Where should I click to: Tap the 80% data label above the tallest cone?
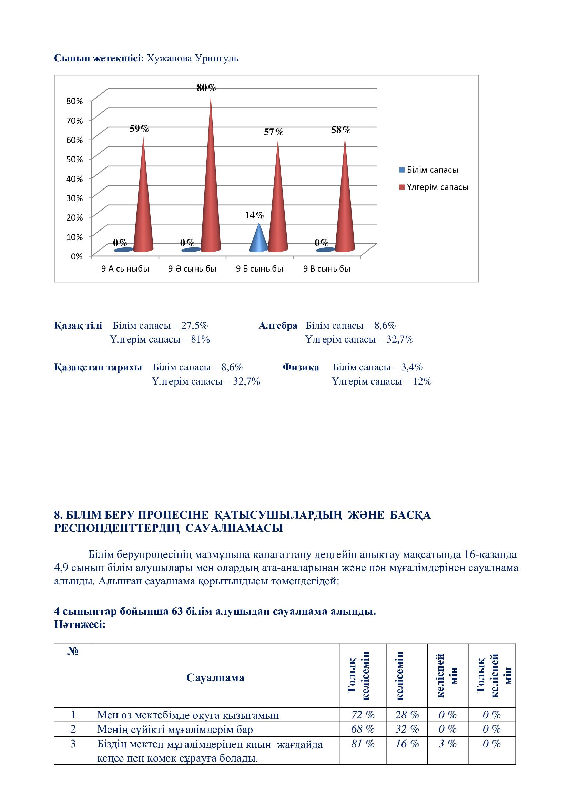click(x=206, y=88)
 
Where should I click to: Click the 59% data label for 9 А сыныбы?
click(x=139, y=129)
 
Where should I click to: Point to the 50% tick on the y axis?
click(x=74, y=159)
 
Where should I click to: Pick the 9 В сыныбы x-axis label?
click(x=327, y=269)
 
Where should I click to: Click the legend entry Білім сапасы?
click(x=432, y=170)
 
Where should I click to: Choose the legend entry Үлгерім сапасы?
click(x=437, y=187)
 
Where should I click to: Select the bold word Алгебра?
click(x=278, y=326)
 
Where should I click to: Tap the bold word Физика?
click(x=301, y=368)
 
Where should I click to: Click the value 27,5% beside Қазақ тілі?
click(x=195, y=326)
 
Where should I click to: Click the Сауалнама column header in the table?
click(x=215, y=677)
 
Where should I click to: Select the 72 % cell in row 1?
click(x=363, y=715)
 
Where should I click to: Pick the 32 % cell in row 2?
click(x=407, y=729)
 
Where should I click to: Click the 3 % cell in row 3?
click(x=448, y=744)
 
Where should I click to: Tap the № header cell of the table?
click(x=73, y=652)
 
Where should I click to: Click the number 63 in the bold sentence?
click(x=177, y=612)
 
